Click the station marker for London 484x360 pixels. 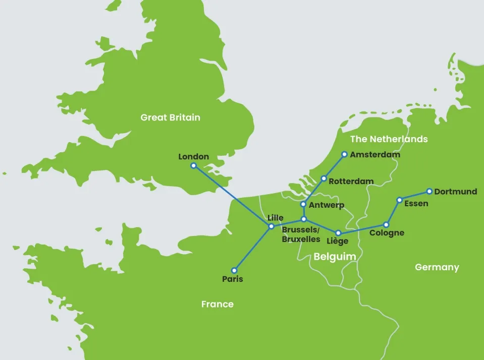(193, 165)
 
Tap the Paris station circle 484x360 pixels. (234, 270)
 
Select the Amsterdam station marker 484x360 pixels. (344, 154)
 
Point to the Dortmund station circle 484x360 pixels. (429, 192)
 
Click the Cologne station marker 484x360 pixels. (386, 225)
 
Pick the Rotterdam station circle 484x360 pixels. (324, 178)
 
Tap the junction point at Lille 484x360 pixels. (271, 226)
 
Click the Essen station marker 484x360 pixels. (399, 200)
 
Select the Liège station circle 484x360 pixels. (338, 233)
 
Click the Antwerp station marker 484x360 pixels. (303, 204)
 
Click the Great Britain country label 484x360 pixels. (170, 117)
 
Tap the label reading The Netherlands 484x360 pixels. (389, 139)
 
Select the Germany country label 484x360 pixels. (437, 267)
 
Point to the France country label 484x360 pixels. (217, 304)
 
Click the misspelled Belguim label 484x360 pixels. (335, 257)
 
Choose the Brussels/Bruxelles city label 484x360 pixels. (301, 234)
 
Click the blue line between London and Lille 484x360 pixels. (232, 196)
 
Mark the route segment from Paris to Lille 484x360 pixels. (252, 249)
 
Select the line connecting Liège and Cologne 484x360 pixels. (362, 229)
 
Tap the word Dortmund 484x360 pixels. (455, 192)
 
